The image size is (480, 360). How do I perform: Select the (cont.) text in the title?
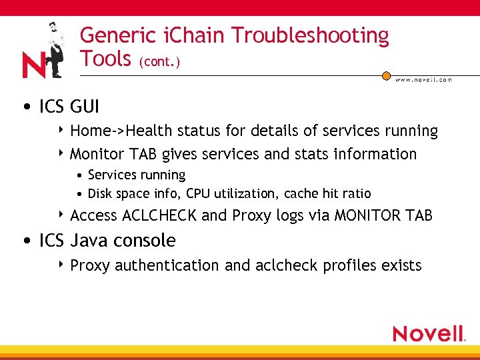159,62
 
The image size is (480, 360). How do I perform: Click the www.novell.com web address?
423,80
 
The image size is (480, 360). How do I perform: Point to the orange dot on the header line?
386,76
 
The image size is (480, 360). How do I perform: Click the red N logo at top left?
34,65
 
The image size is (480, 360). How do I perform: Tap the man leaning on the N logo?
53,47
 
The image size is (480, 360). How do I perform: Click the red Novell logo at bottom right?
428,333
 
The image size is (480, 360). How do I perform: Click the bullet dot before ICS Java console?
24,241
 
